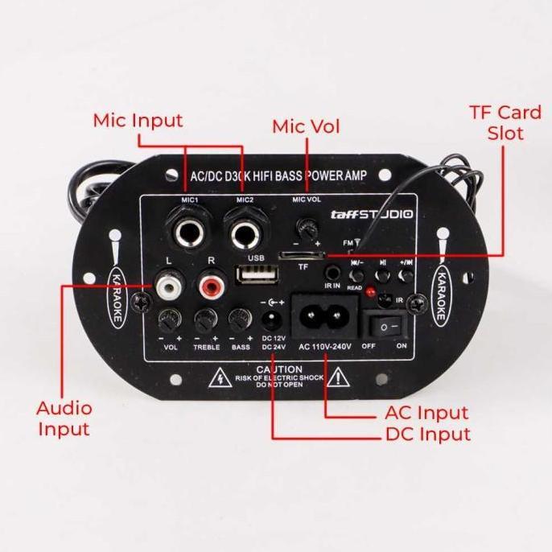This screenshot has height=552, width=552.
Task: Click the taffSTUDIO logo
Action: (x=372, y=215)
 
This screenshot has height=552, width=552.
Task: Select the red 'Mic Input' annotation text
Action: (x=138, y=121)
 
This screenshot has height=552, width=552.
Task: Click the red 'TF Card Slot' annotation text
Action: (x=505, y=122)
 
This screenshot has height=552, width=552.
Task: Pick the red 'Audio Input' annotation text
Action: (x=64, y=418)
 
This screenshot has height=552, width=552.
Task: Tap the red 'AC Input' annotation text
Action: (x=422, y=414)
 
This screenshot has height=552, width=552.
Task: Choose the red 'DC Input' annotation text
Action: (x=427, y=435)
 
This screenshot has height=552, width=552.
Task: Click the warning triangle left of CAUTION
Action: (x=218, y=377)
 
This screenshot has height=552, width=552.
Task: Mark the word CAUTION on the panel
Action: (x=279, y=369)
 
